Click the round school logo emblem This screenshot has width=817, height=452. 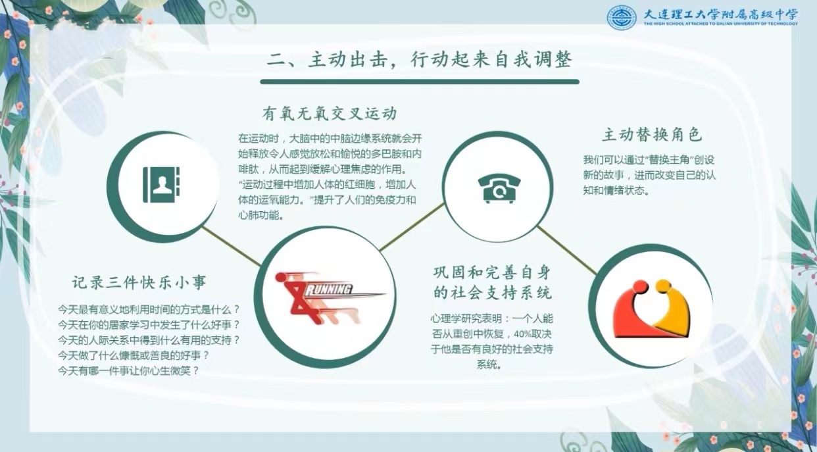point(622,17)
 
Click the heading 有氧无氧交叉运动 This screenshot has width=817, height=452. point(329,113)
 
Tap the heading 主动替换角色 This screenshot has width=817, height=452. point(651,134)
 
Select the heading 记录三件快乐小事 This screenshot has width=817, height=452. point(139,282)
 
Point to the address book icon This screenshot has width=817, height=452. point(161,185)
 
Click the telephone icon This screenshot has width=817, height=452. point(499,188)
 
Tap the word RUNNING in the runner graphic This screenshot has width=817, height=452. point(328,290)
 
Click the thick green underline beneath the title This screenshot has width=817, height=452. point(420,82)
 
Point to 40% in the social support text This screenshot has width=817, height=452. point(521,334)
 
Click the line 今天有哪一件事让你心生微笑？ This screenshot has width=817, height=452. point(129,371)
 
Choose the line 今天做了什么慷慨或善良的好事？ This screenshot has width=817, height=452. point(134,355)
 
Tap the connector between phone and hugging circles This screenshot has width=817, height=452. point(567,250)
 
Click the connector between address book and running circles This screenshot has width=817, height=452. point(232,246)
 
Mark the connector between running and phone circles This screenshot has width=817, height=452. point(412,227)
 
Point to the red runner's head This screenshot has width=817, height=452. point(280,278)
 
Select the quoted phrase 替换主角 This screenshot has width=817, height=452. point(670,160)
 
